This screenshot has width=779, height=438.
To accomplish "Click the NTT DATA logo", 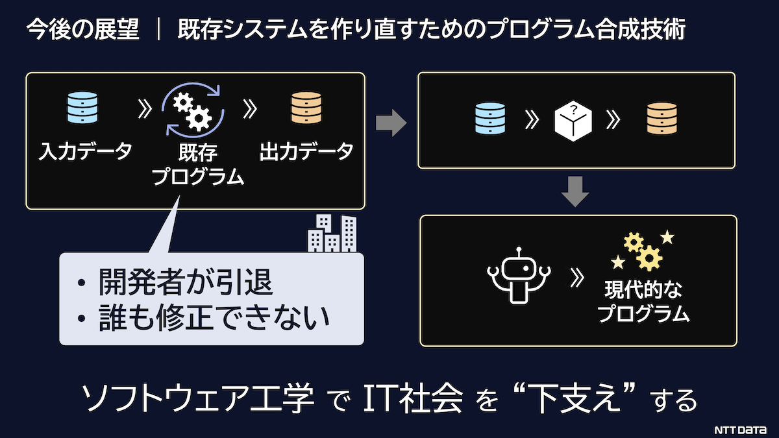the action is (x=740, y=430).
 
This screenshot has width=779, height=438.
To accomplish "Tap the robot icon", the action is (x=519, y=276).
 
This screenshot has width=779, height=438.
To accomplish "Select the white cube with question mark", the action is (x=573, y=121).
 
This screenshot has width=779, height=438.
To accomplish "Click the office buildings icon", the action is (x=332, y=233).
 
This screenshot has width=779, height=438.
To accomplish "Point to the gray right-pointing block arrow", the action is (x=391, y=123).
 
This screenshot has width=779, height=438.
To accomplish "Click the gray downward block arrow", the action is (x=575, y=191).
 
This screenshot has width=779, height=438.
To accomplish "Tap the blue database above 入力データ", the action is (x=82, y=108).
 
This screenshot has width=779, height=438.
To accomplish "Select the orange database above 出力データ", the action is (x=306, y=108).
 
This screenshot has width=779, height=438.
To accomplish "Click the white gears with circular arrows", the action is (x=193, y=110).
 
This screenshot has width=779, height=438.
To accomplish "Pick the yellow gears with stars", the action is (x=643, y=250).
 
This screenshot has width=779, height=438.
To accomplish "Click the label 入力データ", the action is (x=85, y=151).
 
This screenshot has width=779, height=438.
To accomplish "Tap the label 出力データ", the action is (x=306, y=151).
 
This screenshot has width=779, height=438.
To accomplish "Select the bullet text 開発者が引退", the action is (x=186, y=282).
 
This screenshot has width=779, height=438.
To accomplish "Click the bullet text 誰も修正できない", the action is (x=214, y=318).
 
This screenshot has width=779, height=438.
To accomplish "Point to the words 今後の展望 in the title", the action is (x=83, y=29).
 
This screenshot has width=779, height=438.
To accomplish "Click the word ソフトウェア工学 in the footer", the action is (x=198, y=398).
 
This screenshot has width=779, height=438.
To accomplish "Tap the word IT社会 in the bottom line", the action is (x=413, y=398).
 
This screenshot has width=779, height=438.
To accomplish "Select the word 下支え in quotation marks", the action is (x=575, y=398).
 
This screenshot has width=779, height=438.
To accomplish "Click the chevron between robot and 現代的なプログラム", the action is (x=577, y=278).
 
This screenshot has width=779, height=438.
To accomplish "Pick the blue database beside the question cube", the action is (x=490, y=118).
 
